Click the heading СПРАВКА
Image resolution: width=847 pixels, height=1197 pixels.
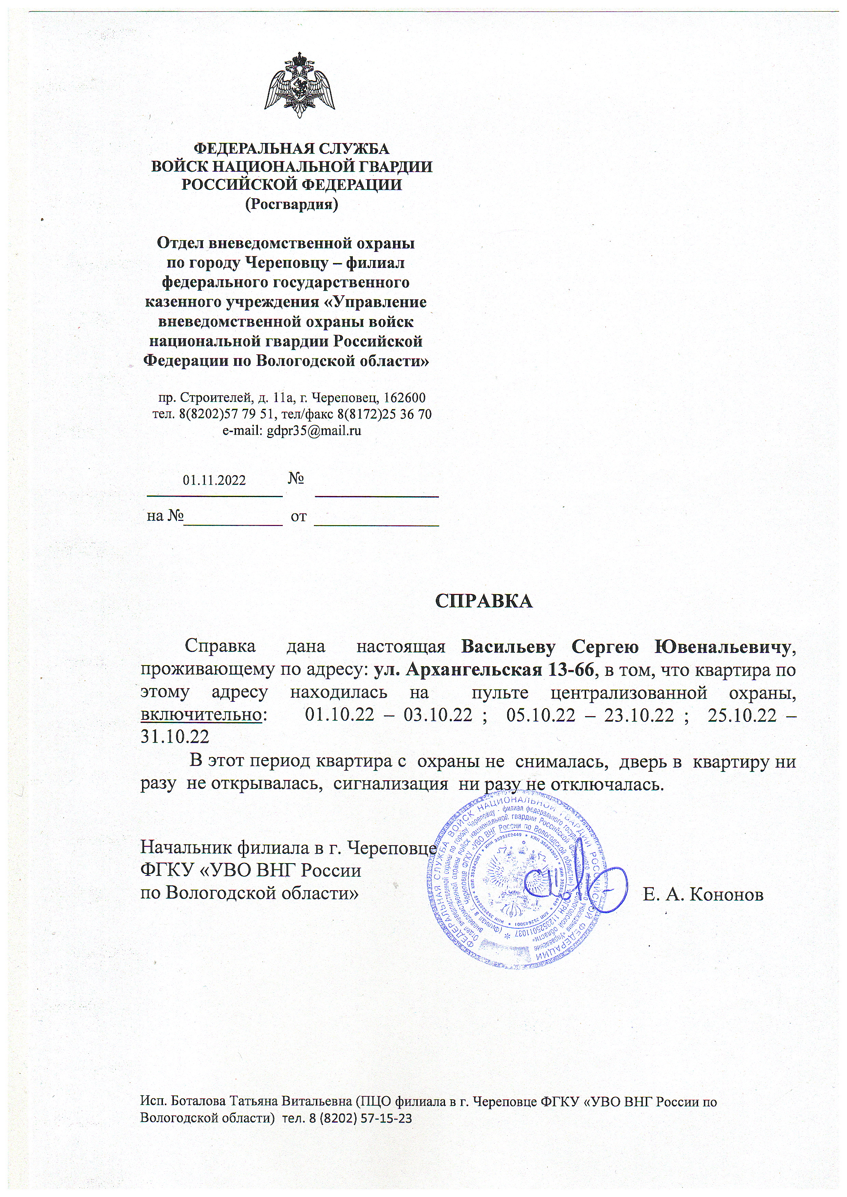tap(484, 601)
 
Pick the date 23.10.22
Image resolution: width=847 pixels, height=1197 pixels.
tap(639, 715)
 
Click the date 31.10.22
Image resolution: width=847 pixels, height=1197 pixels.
tap(175, 737)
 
